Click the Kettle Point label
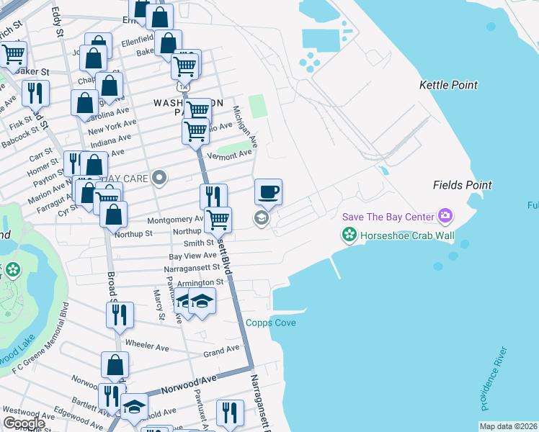tap(448, 85)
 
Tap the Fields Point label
tap(462, 185)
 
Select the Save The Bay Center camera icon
tap(445, 216)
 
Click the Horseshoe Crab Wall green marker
tap(349, 235)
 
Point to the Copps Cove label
tap(271, 323)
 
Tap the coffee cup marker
tap(268, 192)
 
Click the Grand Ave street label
tap(220, 351)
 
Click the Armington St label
tap(195, 283)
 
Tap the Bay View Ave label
tap(192, 256)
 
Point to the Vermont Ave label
tap(229, 155)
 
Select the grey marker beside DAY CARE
tap(160, 178)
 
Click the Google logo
tap(24, 423)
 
